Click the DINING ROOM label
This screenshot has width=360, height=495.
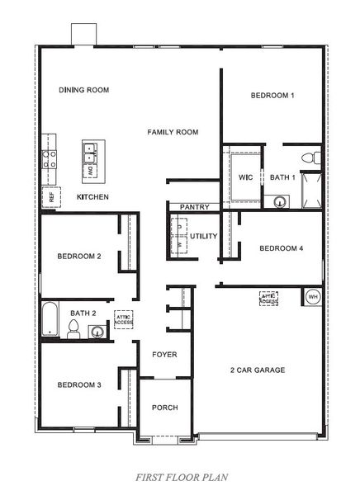click(84, 90)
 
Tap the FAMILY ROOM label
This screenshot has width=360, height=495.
click(173, 132)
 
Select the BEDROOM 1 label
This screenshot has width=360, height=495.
click(272, 96)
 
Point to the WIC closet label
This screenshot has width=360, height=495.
click(245, 177)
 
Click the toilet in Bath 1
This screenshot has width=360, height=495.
click(310, 157)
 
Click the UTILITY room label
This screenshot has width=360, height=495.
click(203, 237)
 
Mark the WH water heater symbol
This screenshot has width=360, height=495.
click(313, 296)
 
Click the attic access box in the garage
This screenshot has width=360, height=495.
click(269, 299)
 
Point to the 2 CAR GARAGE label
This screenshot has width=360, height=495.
click(258, 370)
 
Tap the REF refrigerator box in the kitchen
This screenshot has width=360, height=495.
click(51, 196)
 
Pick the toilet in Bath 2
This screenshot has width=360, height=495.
click(73, 329)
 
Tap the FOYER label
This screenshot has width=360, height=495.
click(164, 355)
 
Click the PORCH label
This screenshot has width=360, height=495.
click(164, 408)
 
